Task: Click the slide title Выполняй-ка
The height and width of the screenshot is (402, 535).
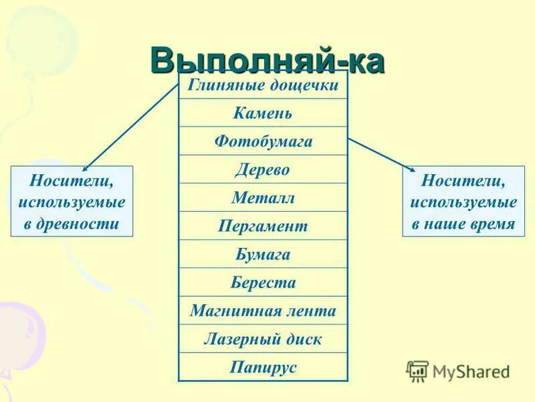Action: (x=267, y=60)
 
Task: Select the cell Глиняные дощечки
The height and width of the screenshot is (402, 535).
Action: (x=263, y=85)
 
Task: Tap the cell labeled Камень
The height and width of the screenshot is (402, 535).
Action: (x=263, y=113)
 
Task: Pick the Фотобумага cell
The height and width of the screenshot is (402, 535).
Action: (x=263, y=141)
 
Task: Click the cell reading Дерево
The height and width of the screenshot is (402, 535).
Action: (x=263, y=170)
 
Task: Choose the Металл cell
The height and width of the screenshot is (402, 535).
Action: (x=263, y=198)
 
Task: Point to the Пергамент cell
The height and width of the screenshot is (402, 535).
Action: (x=263, y=226)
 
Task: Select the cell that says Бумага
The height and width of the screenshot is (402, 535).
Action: (x=263, y=254)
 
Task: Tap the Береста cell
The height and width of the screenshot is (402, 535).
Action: (x=263, y=282)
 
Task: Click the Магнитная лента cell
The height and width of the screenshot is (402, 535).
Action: (x=263, y=311)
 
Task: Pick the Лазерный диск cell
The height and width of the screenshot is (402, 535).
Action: (x=263, y=339)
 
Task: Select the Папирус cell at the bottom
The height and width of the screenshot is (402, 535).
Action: (x=263, y=367)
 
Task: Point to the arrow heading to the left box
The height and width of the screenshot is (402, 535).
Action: (x=130, y=127)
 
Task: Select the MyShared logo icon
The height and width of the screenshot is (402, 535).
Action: (x=417, y=371)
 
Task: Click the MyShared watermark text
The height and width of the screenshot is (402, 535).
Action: (x=471, y=371)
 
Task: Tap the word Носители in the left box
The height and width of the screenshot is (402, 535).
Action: (x=72, y=181)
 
